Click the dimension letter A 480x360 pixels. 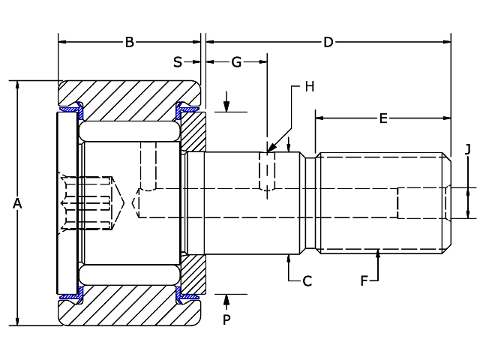[17, 203]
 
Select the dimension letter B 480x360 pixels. [129, 43]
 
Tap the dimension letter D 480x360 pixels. [328, 43]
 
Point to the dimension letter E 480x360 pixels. [382, 118]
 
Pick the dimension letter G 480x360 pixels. [236, 62]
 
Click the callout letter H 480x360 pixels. [309, 86]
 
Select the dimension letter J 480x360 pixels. [467, 149]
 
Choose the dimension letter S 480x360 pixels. [178, 62]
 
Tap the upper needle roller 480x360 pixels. [129, 132]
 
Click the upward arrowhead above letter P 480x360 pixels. [226, 298]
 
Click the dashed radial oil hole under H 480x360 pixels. [267, 172]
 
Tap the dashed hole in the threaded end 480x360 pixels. [421, 202]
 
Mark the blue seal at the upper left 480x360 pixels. [70, 110]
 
